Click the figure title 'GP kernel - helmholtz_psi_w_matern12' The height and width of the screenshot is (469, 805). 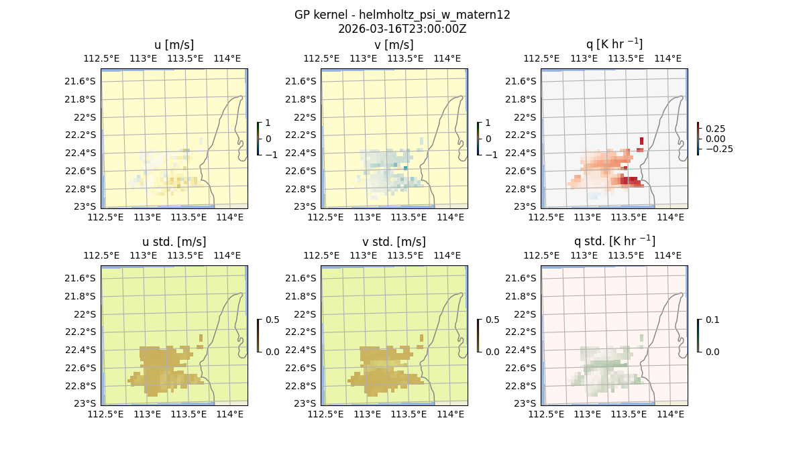click(x=402, y=15)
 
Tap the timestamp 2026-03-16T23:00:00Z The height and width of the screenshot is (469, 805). click(x=402, y=29)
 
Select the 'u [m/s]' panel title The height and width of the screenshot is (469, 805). click(x=174, y=45)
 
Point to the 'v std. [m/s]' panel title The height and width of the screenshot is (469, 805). click(x=394, y=242)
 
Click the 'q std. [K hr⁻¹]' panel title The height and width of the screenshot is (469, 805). click(x=614, y=241)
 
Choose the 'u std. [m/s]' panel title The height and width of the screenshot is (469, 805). click(x=174, y=242)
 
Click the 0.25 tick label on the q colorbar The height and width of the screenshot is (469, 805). click(x=716, y=129)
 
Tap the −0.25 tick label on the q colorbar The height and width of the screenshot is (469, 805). click(x=718, y=149)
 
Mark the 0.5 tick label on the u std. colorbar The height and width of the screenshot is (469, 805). click(x=273, y=320)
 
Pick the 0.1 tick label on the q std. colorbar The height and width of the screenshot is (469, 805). click(x=713, y=320)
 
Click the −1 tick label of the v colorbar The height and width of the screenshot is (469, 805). click(x=491, y=154)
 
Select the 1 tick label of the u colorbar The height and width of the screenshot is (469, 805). click(x=268, y=123)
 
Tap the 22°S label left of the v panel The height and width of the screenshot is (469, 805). click(x=305, y=117)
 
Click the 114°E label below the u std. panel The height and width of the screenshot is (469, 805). click(x=230, y=415)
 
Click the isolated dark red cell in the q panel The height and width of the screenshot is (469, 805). click(x=641, y=141)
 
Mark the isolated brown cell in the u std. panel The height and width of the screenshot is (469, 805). click(x=201, y=338)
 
